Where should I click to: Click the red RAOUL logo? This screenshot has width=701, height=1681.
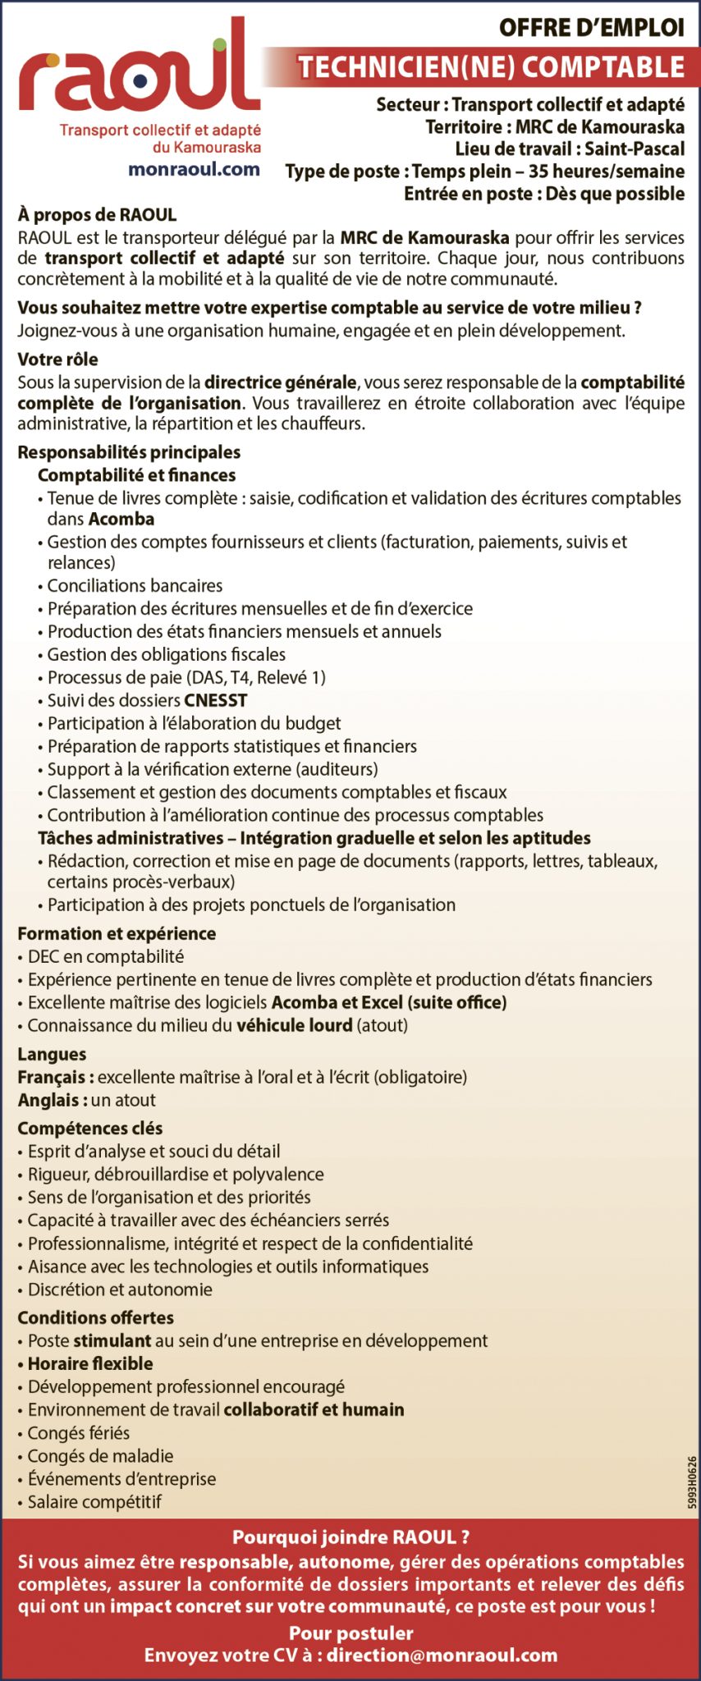click(x=140, y=74)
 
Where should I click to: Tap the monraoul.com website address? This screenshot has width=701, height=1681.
click(x=194, y=169)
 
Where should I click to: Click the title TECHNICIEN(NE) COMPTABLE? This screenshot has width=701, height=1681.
click(x=491, y=67)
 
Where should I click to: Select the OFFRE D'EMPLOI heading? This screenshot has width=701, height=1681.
click(x=591, y=28)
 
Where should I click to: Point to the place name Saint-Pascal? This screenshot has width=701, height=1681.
click(x=635, y=149)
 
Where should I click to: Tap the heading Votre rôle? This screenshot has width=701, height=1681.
click(x=57, y=359)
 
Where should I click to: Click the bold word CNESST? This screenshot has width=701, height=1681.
click(x=215, y=700)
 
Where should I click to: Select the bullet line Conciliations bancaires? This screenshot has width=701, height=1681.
click(x=135, y=585)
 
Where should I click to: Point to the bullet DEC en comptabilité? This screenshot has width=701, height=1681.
click(x=105, y=956)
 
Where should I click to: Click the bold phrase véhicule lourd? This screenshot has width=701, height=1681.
click(x=294, y=1025)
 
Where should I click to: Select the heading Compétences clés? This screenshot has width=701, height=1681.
click(x=90, y=1128)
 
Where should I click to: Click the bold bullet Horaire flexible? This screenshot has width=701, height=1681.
click(x=90, y=1363)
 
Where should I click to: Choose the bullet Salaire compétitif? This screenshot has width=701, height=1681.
click(x=94, y=1501)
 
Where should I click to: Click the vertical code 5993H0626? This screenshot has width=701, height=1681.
click(x=692, y=1482)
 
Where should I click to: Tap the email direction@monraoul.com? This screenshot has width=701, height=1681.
click(x=442, y=1655)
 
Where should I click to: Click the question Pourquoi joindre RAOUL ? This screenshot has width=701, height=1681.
click(x=350, y=1537)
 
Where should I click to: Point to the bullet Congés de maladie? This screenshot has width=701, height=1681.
click(x=100, y=1455)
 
